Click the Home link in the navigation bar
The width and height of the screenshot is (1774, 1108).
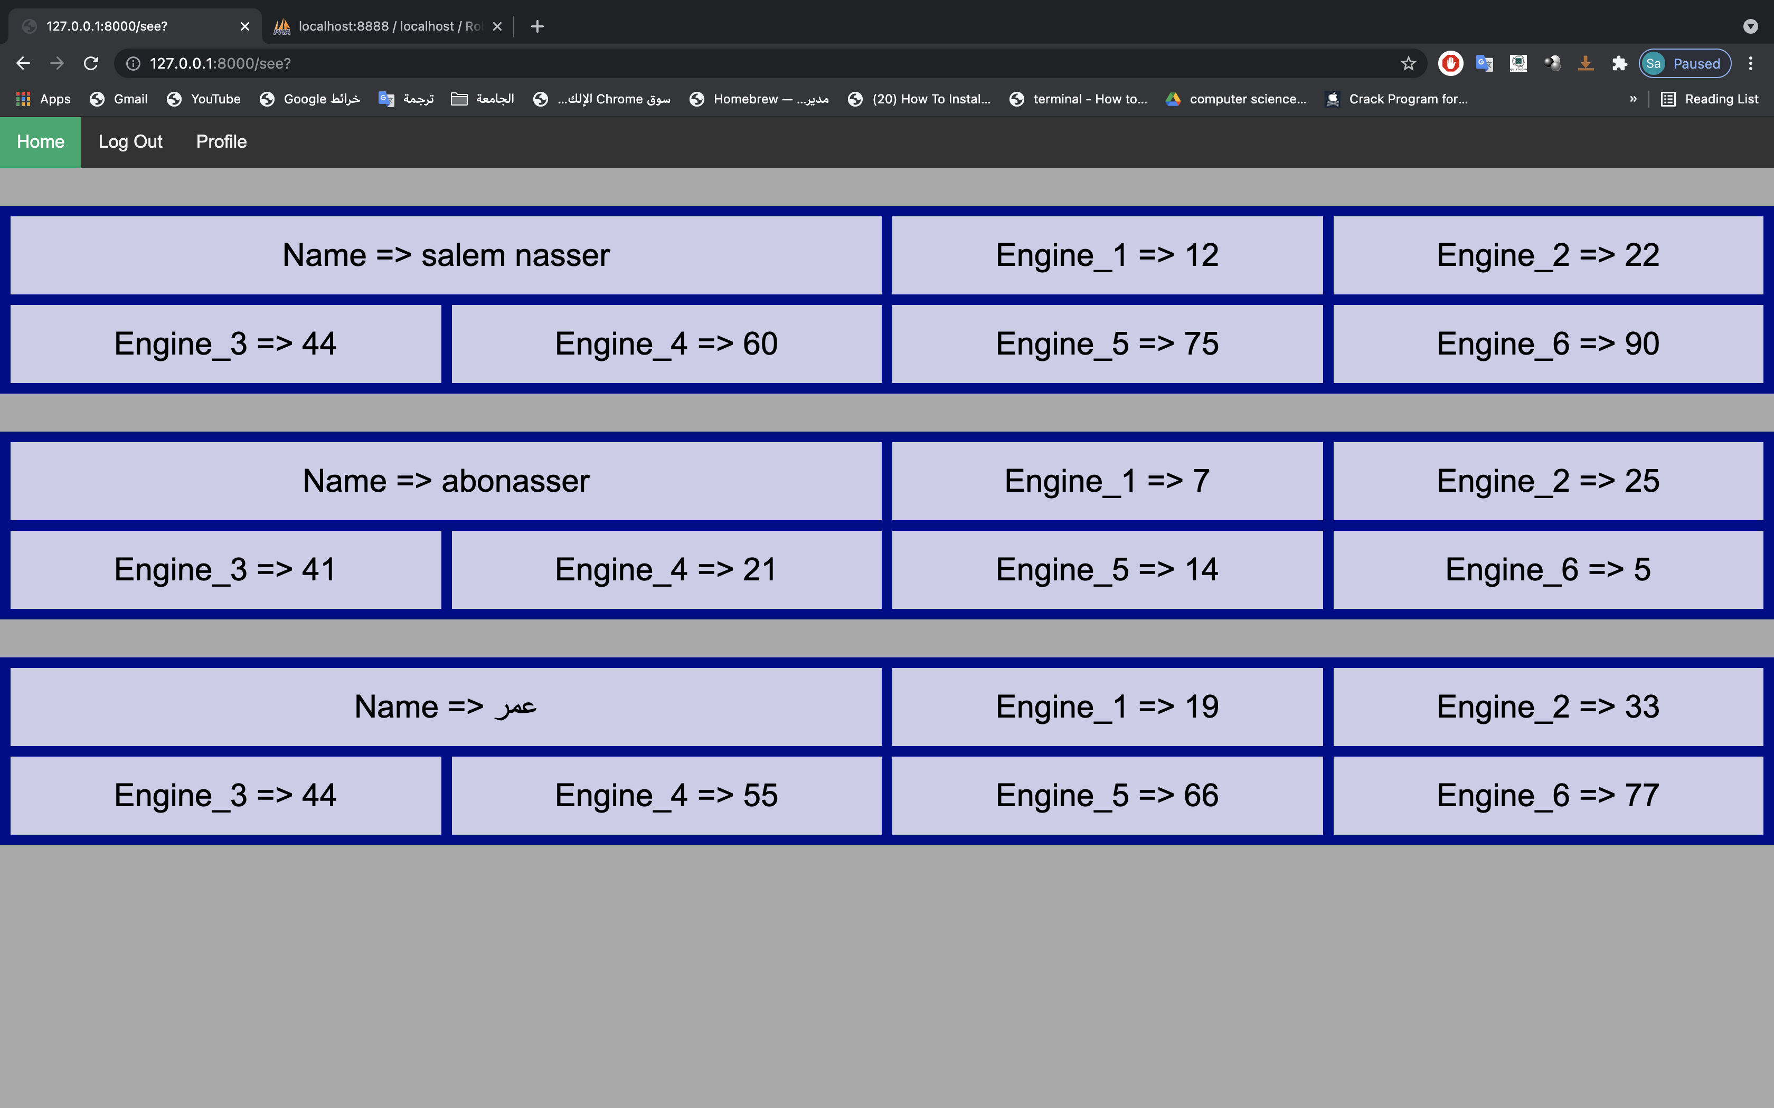pyautogui.click(x=40, y=142)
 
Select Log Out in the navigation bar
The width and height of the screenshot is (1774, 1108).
pyautogui.click(x=130, y=142)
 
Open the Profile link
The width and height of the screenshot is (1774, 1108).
pyautogui.click(x=221, y=142)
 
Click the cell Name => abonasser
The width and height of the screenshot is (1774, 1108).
pyautogui.click(x=446, y=481)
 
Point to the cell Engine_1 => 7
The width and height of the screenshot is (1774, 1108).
pyautogui.click(x=1107, y=481)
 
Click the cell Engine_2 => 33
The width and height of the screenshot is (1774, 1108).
pyautogui.click(x=1547, y=707)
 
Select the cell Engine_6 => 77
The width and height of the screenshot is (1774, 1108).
pyautogui.click(x=1547, y=796)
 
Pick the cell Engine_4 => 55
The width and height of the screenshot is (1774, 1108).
pyautogui.click(x=666, y=796)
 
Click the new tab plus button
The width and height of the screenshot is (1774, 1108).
pyautogui.click(x=537, y=26)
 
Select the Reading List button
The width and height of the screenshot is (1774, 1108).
pyautogui.click(x=1710, y=99)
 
